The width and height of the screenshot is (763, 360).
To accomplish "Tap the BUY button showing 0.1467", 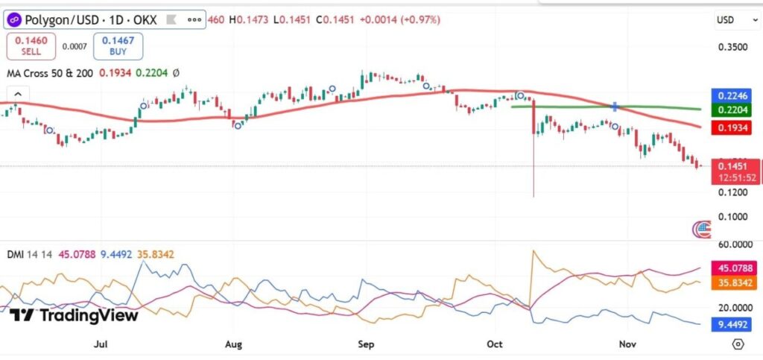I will [118, 46].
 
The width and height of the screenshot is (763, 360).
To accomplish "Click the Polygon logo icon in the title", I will [14, 19].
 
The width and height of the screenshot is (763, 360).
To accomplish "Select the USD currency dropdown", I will [726, 19].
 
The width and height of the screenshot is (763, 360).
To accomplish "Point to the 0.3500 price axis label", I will [732, 48].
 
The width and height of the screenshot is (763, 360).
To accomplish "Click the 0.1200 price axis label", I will [732, 193].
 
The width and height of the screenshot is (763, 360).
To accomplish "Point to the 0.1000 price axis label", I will [732, 217].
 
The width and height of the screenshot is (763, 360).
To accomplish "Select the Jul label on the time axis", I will [101, 344].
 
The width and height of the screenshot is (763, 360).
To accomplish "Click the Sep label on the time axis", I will [365, 344].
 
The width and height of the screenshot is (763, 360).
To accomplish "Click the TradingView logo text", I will [75, 315].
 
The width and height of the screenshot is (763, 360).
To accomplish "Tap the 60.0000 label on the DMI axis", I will [732, 244].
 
